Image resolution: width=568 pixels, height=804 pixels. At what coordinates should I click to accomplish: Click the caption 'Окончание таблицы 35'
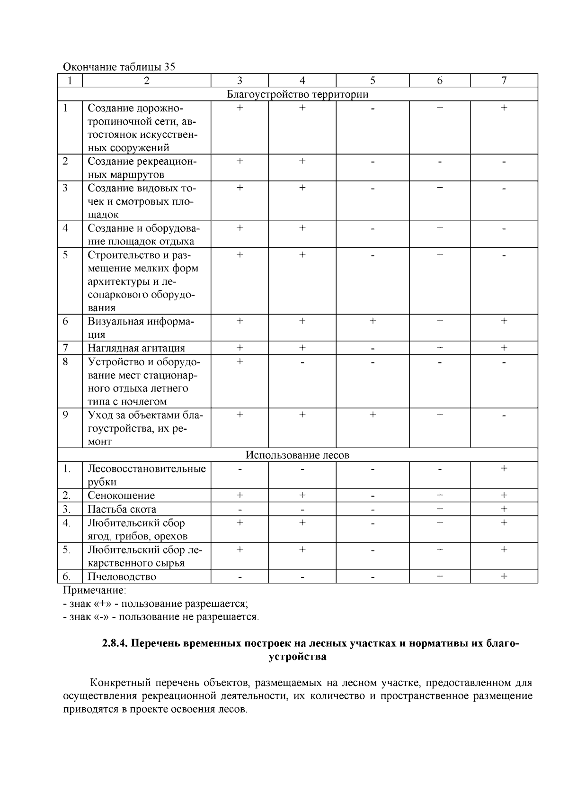(119, 67)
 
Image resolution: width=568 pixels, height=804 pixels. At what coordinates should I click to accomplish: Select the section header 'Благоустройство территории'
(297, 94)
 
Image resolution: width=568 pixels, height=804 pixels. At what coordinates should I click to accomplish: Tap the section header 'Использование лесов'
(297, 455)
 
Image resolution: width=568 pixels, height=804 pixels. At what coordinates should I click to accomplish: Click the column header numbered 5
(373, 81)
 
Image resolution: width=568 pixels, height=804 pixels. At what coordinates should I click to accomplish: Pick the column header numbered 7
(504, 81)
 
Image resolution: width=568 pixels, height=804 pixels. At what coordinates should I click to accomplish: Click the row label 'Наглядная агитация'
(136, 348)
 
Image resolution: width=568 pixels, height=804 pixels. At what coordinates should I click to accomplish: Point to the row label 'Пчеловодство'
(122, 577)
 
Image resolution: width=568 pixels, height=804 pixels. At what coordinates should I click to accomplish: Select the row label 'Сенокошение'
(121, 496)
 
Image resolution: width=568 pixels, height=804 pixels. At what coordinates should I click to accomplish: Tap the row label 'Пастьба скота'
(122, 509)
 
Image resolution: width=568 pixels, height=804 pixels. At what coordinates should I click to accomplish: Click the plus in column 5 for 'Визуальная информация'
(373, 321)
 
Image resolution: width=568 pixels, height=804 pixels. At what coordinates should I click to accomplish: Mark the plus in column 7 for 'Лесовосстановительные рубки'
(504, 469)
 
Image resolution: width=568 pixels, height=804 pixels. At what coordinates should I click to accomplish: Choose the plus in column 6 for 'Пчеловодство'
(439, 577)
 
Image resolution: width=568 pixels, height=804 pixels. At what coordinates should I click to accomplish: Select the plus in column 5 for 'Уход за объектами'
(373, 415)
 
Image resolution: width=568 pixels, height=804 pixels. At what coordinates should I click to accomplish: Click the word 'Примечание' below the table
(95, 590)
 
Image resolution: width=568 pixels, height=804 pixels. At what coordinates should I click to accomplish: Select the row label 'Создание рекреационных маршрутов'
(142, 168)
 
